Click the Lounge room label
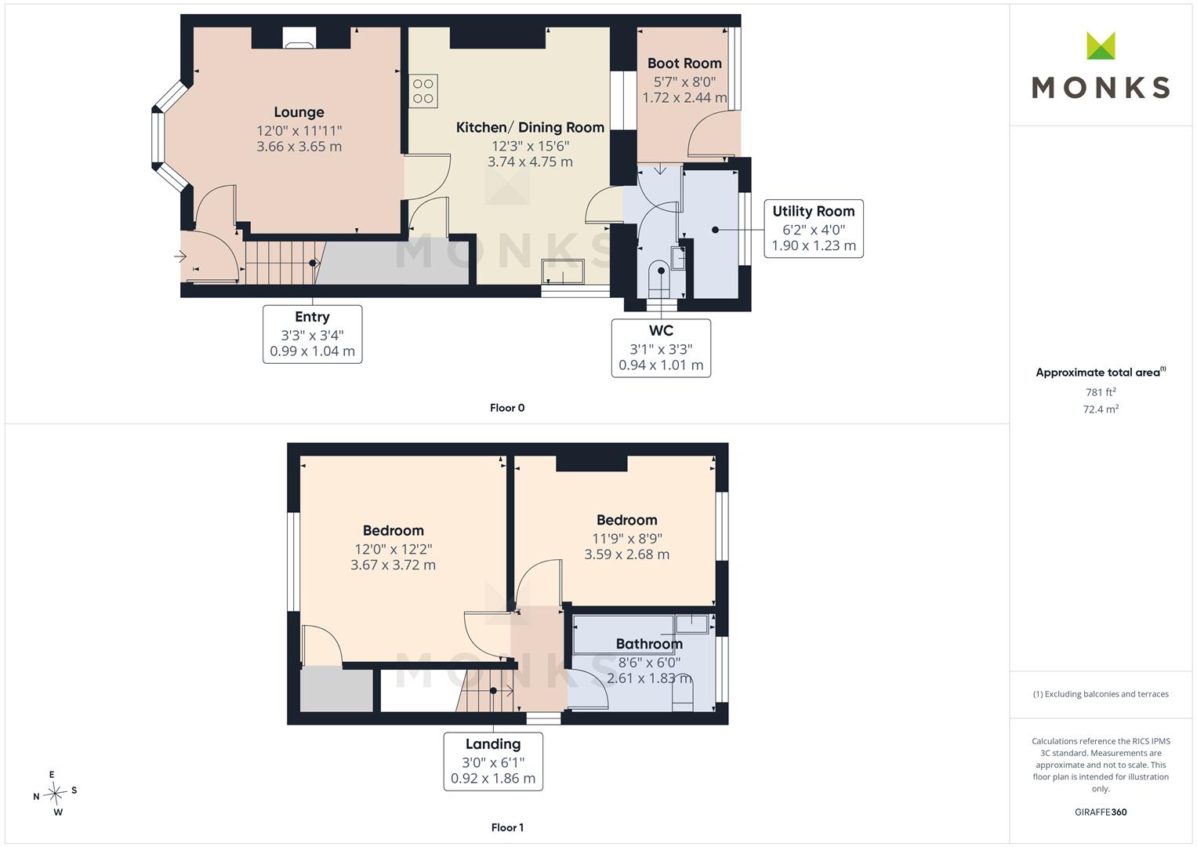[299, 112]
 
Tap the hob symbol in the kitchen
[423, 91]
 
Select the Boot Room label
[684, 63]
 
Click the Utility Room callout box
[814, 229]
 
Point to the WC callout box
[661, 348]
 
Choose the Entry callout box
[313, 334]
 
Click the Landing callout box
[493, 762]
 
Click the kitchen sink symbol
[563, 271]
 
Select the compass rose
[55, 793]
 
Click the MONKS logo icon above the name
[1101, 45]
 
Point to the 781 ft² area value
[1101, 392]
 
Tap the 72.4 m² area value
[1101, 409]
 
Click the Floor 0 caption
[507, 408]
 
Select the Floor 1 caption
[507, 827]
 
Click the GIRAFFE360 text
[1101, 812]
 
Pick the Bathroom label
[649, 644]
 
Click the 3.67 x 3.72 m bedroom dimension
[394, 565]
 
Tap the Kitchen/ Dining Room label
[530, 128]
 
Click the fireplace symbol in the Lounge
[299, 38]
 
